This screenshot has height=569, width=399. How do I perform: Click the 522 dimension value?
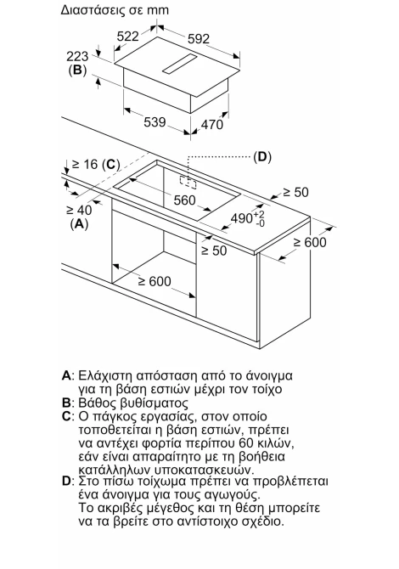(x=128, y=37)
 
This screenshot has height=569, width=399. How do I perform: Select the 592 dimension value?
(x=199, y=39)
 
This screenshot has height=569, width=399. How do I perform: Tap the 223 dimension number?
(x=77, y=56)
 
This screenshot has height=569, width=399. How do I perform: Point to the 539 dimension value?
(x=155, y=122)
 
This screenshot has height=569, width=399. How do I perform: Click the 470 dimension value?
(x=212, y=125)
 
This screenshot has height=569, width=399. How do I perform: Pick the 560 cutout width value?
(x=184, y=200)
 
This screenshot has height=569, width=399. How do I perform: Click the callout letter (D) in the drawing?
(x=261, y=157)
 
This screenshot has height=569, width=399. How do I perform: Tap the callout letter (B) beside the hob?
(x=77, y=70)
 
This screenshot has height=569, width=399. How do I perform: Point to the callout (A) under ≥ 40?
(x=79, y=224)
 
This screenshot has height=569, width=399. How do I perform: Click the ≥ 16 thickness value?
(x=85, y=165)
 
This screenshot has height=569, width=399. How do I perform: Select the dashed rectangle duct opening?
(x=188, y=182)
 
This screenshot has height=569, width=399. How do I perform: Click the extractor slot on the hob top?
(x=180, y=64)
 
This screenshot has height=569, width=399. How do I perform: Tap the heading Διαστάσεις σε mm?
(x=115, y=10)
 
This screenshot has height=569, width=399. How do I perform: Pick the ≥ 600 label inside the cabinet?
(x=155, y=281)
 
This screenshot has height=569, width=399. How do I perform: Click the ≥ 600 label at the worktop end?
(x=310, y=242)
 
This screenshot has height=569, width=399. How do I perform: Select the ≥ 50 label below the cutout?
(x=214, y=251)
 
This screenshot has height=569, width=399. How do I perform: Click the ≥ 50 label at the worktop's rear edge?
(x=295, y=192)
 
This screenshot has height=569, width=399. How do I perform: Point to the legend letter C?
(x=68, y=416)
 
